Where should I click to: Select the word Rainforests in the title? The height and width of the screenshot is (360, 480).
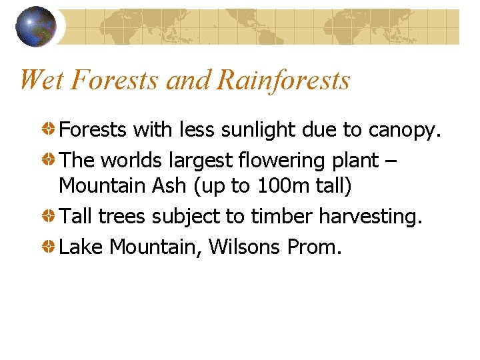click(x=283, y=80)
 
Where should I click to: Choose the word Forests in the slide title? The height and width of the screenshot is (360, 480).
click(x=115, y=80)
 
